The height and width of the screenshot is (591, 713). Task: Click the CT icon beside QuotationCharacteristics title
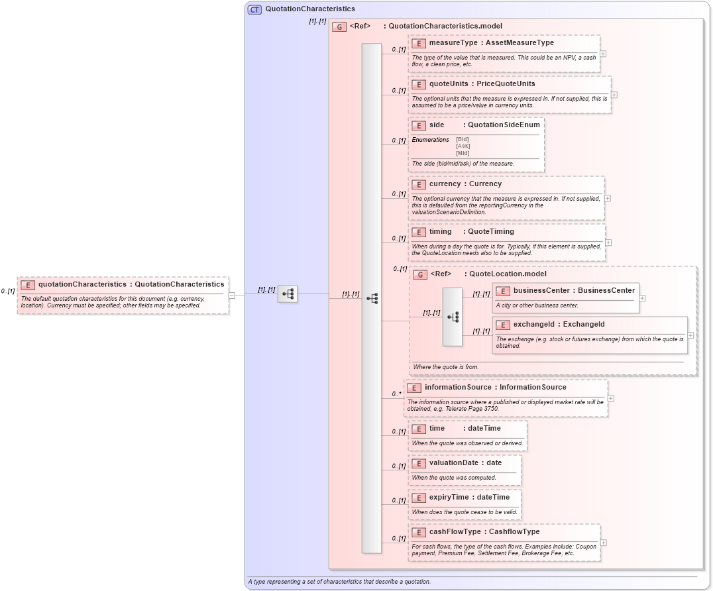coord(254,9)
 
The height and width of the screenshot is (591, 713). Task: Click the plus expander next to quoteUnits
coord(614,95)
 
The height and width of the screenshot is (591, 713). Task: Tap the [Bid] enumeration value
coord(463,139)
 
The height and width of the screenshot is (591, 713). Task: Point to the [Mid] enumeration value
coord(463,153)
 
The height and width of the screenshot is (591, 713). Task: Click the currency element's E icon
coord(418,184)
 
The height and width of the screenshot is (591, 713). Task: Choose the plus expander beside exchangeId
coord(690,335)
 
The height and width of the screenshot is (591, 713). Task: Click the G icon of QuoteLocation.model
coord(419,274)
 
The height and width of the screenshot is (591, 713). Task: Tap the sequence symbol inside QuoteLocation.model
coord(453,317)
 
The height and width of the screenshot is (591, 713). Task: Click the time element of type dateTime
coord(437,429)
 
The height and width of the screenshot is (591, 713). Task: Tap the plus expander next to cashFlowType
coord(604,543)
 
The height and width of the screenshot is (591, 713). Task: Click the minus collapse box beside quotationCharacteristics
coord(232,295)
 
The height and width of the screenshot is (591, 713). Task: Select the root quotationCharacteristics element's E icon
coord(28,285)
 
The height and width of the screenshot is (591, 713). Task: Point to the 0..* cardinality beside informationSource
coord(396,394)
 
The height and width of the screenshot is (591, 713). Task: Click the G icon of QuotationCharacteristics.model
coord(339,27)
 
